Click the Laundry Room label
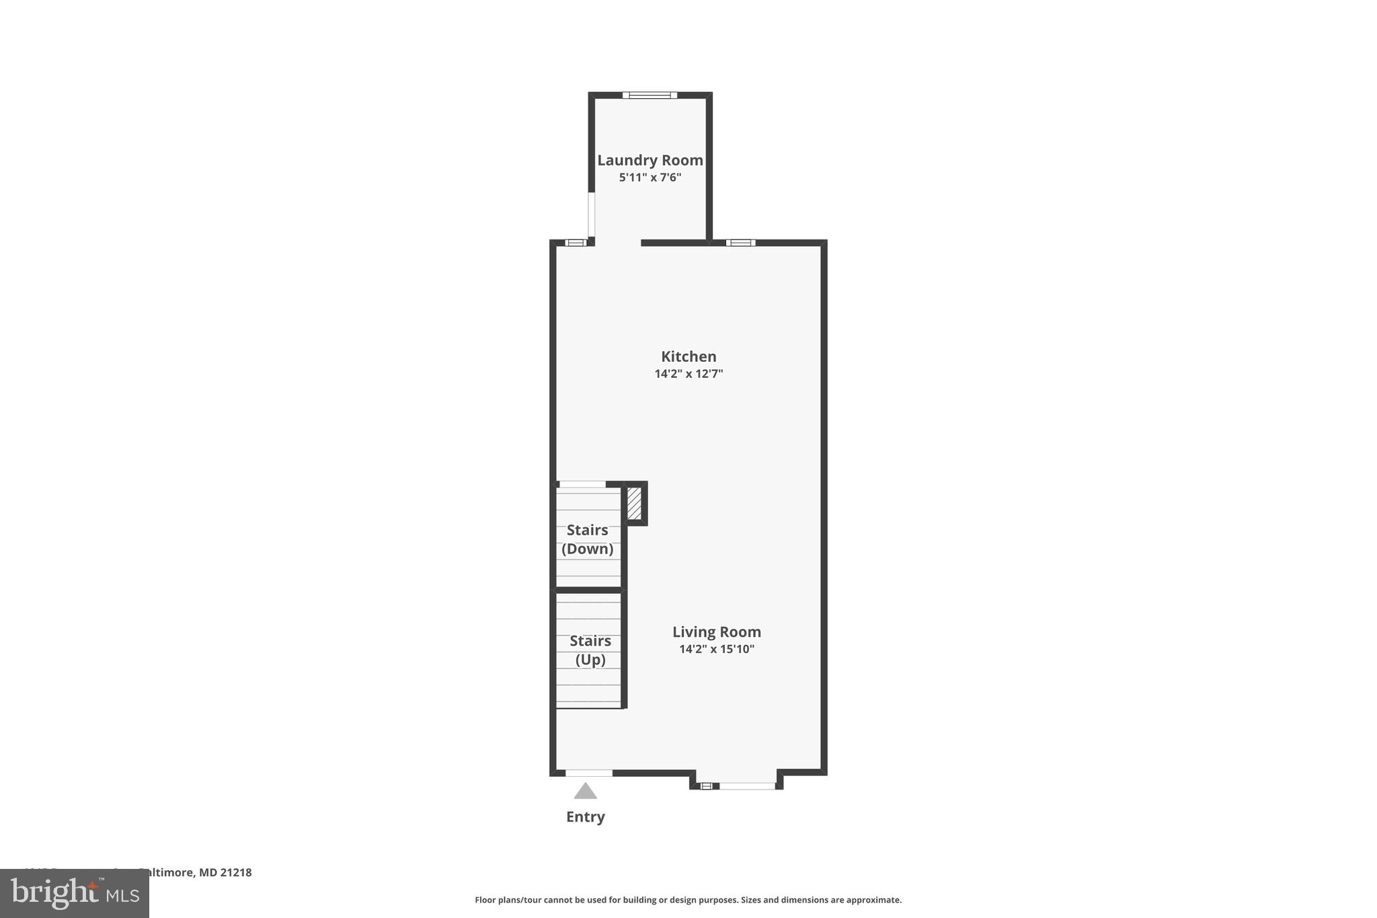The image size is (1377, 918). tap(650, 160)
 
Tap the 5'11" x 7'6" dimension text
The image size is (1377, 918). tap(650, 178)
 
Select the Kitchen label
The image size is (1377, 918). tap(688, 356)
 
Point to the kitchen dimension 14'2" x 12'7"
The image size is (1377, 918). tap(688, 374)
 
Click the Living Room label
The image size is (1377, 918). tap(717, 632)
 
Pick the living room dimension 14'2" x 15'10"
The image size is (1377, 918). tap(717, 649)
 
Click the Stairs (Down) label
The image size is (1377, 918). tap(588, 539)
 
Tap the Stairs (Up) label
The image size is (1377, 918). tap(590, 650)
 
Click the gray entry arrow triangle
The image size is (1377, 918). tap(586, 791)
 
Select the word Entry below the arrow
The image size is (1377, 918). tap(586, 816)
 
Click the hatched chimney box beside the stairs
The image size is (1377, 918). tap(634, 503)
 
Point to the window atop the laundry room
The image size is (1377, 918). tap(650, 95)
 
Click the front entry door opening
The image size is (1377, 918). tap(589, 773)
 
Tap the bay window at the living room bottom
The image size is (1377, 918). tap(746, 786)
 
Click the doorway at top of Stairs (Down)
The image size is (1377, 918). tap(582, 484)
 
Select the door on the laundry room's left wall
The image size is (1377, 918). tap(592, 215)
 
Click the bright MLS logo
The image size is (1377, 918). tap(75, 893)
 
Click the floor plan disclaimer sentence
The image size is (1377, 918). tap(688, 900)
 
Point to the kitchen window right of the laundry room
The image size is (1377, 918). tap(740, 243)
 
